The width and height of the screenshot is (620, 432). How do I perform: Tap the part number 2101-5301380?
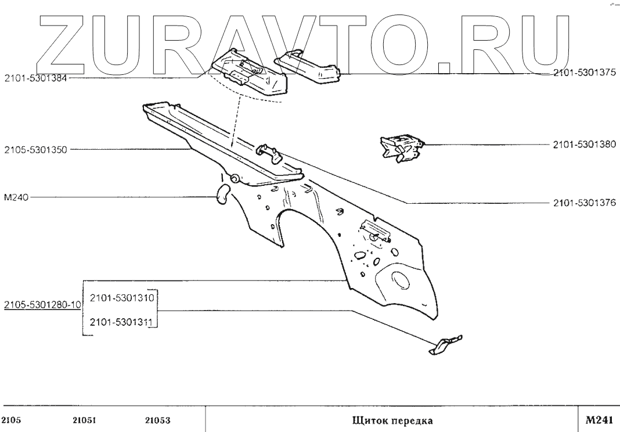(583, 145)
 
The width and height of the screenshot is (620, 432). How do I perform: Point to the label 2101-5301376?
(583, 203)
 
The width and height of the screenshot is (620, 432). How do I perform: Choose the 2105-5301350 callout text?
(35, 149)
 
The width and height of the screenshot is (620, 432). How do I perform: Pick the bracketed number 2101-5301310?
(121, 298)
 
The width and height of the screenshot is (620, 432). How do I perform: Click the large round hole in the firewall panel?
(399, 278)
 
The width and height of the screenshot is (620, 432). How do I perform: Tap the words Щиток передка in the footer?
(392, 420)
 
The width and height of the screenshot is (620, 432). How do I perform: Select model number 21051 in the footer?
(84, 420)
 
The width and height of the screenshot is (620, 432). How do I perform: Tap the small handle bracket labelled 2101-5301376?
(267, 152)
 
